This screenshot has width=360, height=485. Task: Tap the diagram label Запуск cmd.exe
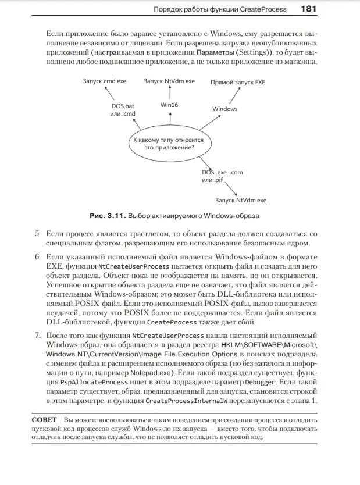105,81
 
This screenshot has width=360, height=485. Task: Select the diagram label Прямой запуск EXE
237,83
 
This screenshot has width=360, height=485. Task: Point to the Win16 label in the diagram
169,105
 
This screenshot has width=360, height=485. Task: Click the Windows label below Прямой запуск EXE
224,109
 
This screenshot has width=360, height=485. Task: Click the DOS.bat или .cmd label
123,110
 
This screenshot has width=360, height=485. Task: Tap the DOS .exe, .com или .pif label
222,176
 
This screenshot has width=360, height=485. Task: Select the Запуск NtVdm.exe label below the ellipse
240,200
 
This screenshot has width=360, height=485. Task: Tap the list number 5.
36,234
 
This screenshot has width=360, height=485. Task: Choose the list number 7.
36,336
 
